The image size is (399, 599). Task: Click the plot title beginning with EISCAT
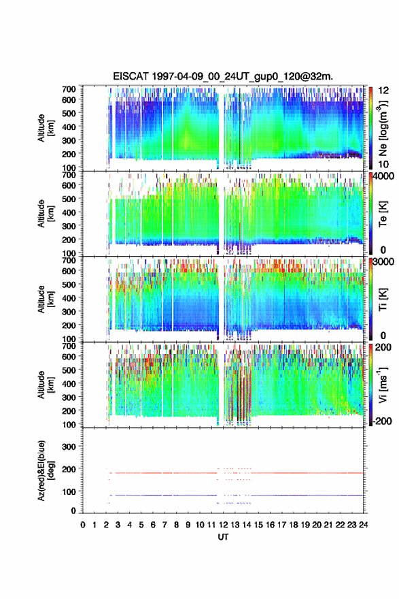coord(223,76)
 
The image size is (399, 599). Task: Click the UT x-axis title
coord(223,537)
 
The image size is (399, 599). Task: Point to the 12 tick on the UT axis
coord(223,525)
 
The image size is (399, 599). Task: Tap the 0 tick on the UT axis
coord(83,525)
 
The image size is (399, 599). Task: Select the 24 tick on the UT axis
coord(364,525)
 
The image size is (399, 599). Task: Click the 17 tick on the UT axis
coord(281,525)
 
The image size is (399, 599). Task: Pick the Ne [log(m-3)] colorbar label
coord(383,129)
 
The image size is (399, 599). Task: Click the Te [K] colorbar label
coord(383,214)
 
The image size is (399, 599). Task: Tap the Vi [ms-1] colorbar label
coord(383,385)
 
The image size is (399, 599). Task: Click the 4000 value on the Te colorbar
coord(384,176)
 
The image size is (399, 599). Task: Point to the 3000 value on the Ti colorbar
coord(384,262)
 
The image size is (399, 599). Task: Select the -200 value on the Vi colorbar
coord(381,421)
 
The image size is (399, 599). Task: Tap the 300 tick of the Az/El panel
coord(69,447)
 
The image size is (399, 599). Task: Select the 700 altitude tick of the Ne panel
coord(69,89)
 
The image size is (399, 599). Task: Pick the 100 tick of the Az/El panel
coord(69,491)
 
